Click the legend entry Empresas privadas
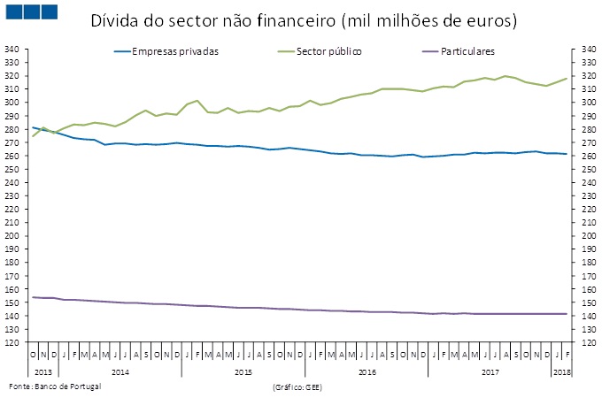point(174,51)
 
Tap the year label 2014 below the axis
point(121,372)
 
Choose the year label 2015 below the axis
point(243,372)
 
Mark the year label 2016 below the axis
point(367,372)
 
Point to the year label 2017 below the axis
point(490,372)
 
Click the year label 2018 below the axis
point(561,372)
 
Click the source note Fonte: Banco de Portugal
point(55,387)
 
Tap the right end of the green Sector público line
point(567,79)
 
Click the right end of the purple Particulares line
point(567,314)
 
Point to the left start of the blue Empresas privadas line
point(34,127)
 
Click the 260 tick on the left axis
point(14,156)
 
